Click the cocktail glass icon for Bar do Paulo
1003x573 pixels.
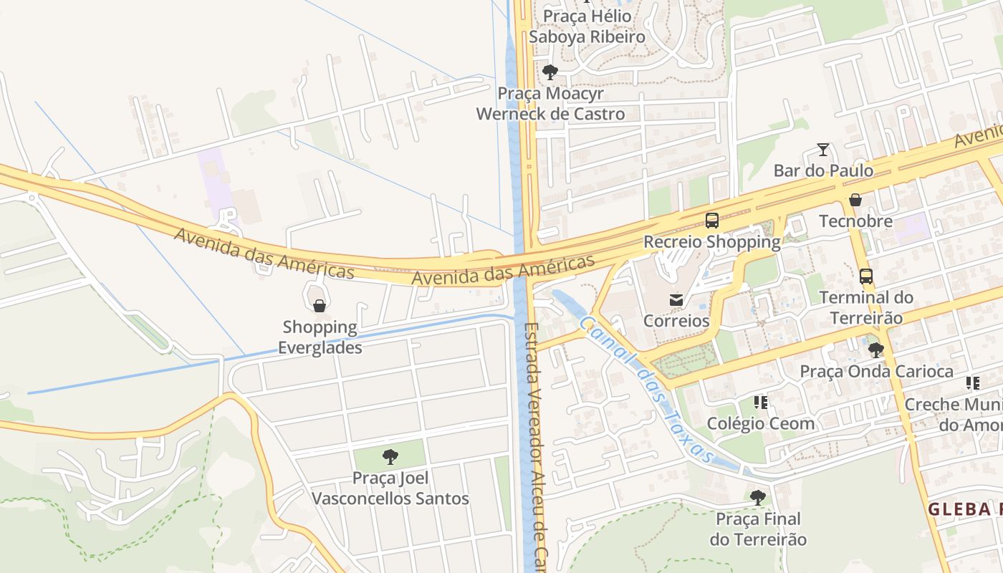click(x=823, y=150)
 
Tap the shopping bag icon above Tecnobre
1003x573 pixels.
click(x=855, y=200)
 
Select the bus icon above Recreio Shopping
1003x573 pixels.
click(x=711, y=221)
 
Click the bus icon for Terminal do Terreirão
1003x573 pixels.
click(x=865, y=276)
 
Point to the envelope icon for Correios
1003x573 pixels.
click(x=676, y=299)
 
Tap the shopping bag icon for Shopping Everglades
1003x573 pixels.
click(x=319, y=306)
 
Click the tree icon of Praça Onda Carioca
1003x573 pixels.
click(x=875, y=350)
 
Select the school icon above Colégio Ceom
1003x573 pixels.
click(x=761, y=403)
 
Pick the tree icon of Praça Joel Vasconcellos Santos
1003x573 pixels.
click(x=390, y=456)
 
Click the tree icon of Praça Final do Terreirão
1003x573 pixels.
click(x=757, y=497)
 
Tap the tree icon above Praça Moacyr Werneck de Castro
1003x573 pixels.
click(x=550, y=72)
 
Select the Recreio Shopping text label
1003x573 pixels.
click(x=711, y=242)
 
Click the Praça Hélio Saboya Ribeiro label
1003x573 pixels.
click(x=587, y=27)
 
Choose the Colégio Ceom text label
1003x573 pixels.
click(x=760, y=423)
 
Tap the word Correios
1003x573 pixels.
click(x=676, y=321)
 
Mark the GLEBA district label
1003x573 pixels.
click(x=964, y=509)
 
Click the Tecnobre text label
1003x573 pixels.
click(x=855, y=221)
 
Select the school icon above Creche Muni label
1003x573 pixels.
click(x=972, y=383)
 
